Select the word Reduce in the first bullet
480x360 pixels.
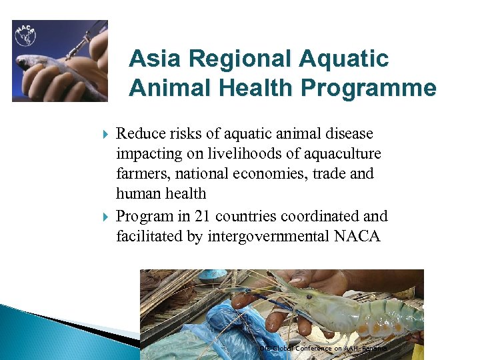(139, 134)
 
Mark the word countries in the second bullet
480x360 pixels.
(243, 216)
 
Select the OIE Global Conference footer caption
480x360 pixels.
(324, 348)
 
